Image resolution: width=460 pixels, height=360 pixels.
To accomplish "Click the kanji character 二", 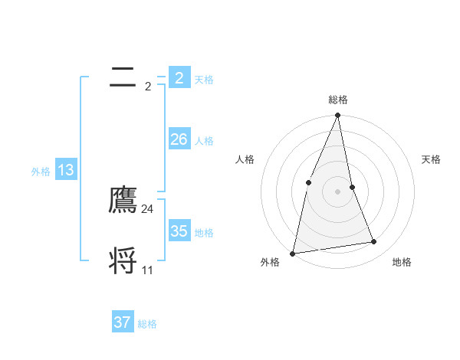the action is coord(123,77).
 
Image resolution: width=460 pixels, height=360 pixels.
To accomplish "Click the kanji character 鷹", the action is coord(123,200).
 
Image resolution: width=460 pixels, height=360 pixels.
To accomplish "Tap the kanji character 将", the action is coord(123,260).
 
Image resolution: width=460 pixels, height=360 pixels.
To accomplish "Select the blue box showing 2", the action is coord(179,78).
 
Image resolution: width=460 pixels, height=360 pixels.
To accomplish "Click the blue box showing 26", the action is coord(179,139).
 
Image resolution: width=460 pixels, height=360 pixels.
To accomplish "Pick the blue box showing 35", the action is coord(179,231).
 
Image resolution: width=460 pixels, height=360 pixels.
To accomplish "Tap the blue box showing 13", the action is coord(65,170).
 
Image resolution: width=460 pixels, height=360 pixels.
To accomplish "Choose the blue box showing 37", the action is coord(122,322).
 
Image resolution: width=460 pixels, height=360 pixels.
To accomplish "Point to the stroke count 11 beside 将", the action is coord(148,270).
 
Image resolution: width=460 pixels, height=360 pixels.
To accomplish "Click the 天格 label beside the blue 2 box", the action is coord(204,80).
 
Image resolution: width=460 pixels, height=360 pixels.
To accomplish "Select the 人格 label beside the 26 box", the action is coord(204,141).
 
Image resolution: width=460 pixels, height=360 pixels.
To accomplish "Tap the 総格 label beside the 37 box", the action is coord(147,324).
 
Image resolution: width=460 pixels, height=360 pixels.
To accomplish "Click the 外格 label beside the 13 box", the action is coord(41,172).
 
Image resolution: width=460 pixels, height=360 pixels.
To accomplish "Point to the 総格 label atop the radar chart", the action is coord(338,100).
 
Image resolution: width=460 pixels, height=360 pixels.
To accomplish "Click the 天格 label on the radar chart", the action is coord(432,159).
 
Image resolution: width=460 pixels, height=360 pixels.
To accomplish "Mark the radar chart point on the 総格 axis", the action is coord(338,116).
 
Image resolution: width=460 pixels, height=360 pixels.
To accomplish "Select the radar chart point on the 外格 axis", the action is coord(293,253).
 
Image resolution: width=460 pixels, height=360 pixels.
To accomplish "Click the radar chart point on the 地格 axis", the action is coord(374,242).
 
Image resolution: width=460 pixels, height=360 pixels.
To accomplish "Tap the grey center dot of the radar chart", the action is coord(338,191).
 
